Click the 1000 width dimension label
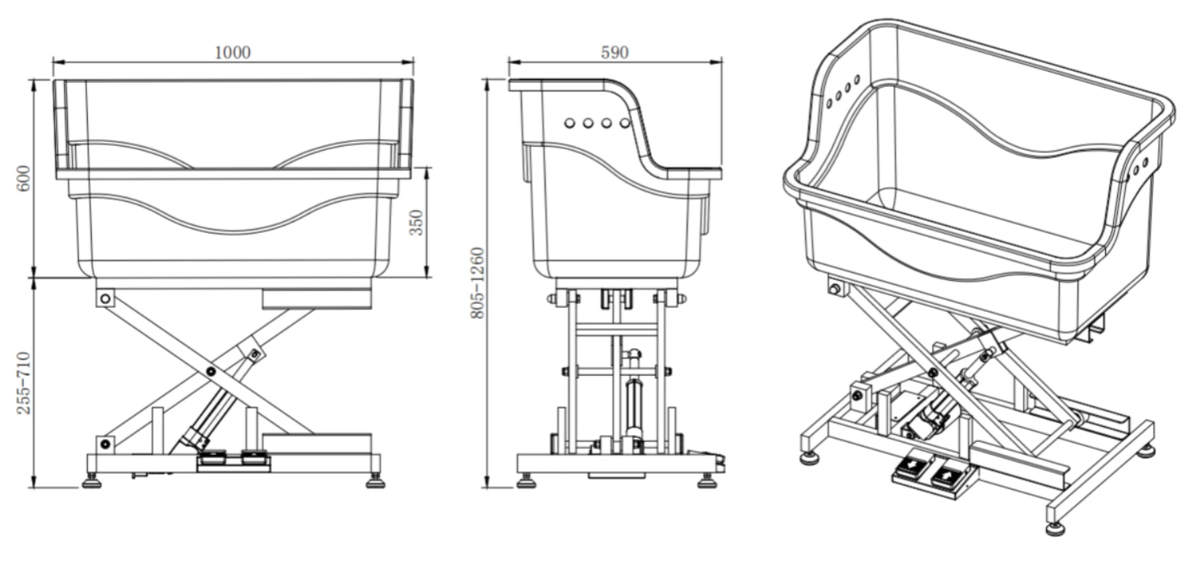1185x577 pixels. (232, 53)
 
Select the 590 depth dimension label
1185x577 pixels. (615, 53)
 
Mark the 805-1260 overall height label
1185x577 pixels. (477, 283)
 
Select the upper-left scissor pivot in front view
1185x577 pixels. (105, 298)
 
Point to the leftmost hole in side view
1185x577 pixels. (570, 123)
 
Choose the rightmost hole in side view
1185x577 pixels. (624, 123)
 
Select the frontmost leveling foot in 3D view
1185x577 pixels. (1055, 527)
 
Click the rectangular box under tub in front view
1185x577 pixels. (316, 298)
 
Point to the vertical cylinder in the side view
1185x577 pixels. (632, 407)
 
